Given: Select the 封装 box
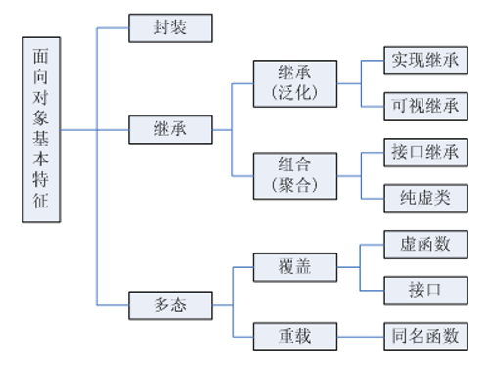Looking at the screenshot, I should pos(171,28).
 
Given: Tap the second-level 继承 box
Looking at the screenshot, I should pos(171,127).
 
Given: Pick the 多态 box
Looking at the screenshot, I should pos(171,305).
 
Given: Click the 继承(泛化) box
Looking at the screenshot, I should pos(294,83).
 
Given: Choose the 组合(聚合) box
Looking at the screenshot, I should pos(294,174).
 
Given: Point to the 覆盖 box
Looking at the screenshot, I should pos(294,266).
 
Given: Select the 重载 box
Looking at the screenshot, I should pos(294,336).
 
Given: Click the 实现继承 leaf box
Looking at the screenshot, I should pos(423,61).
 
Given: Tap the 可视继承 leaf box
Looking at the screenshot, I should pos(423,106).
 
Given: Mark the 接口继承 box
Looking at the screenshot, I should pos(423,153).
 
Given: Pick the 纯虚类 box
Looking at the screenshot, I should pos(423,198).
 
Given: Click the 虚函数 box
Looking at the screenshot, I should pos(423,244).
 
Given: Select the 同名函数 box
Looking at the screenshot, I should pos(423,336).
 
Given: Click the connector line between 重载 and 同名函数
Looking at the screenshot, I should pos(360,336).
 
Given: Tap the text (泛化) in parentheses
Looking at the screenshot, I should pos(294,94).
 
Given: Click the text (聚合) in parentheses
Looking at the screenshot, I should pos(294,185).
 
